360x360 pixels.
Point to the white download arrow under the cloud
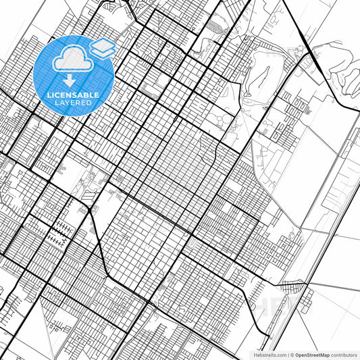(70, 78)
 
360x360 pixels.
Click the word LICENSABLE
(73, 94)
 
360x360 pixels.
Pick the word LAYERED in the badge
(73, 103)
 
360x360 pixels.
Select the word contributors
(344, 354)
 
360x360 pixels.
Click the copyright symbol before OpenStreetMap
(291, 354)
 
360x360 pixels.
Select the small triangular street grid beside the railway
(294, 286)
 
